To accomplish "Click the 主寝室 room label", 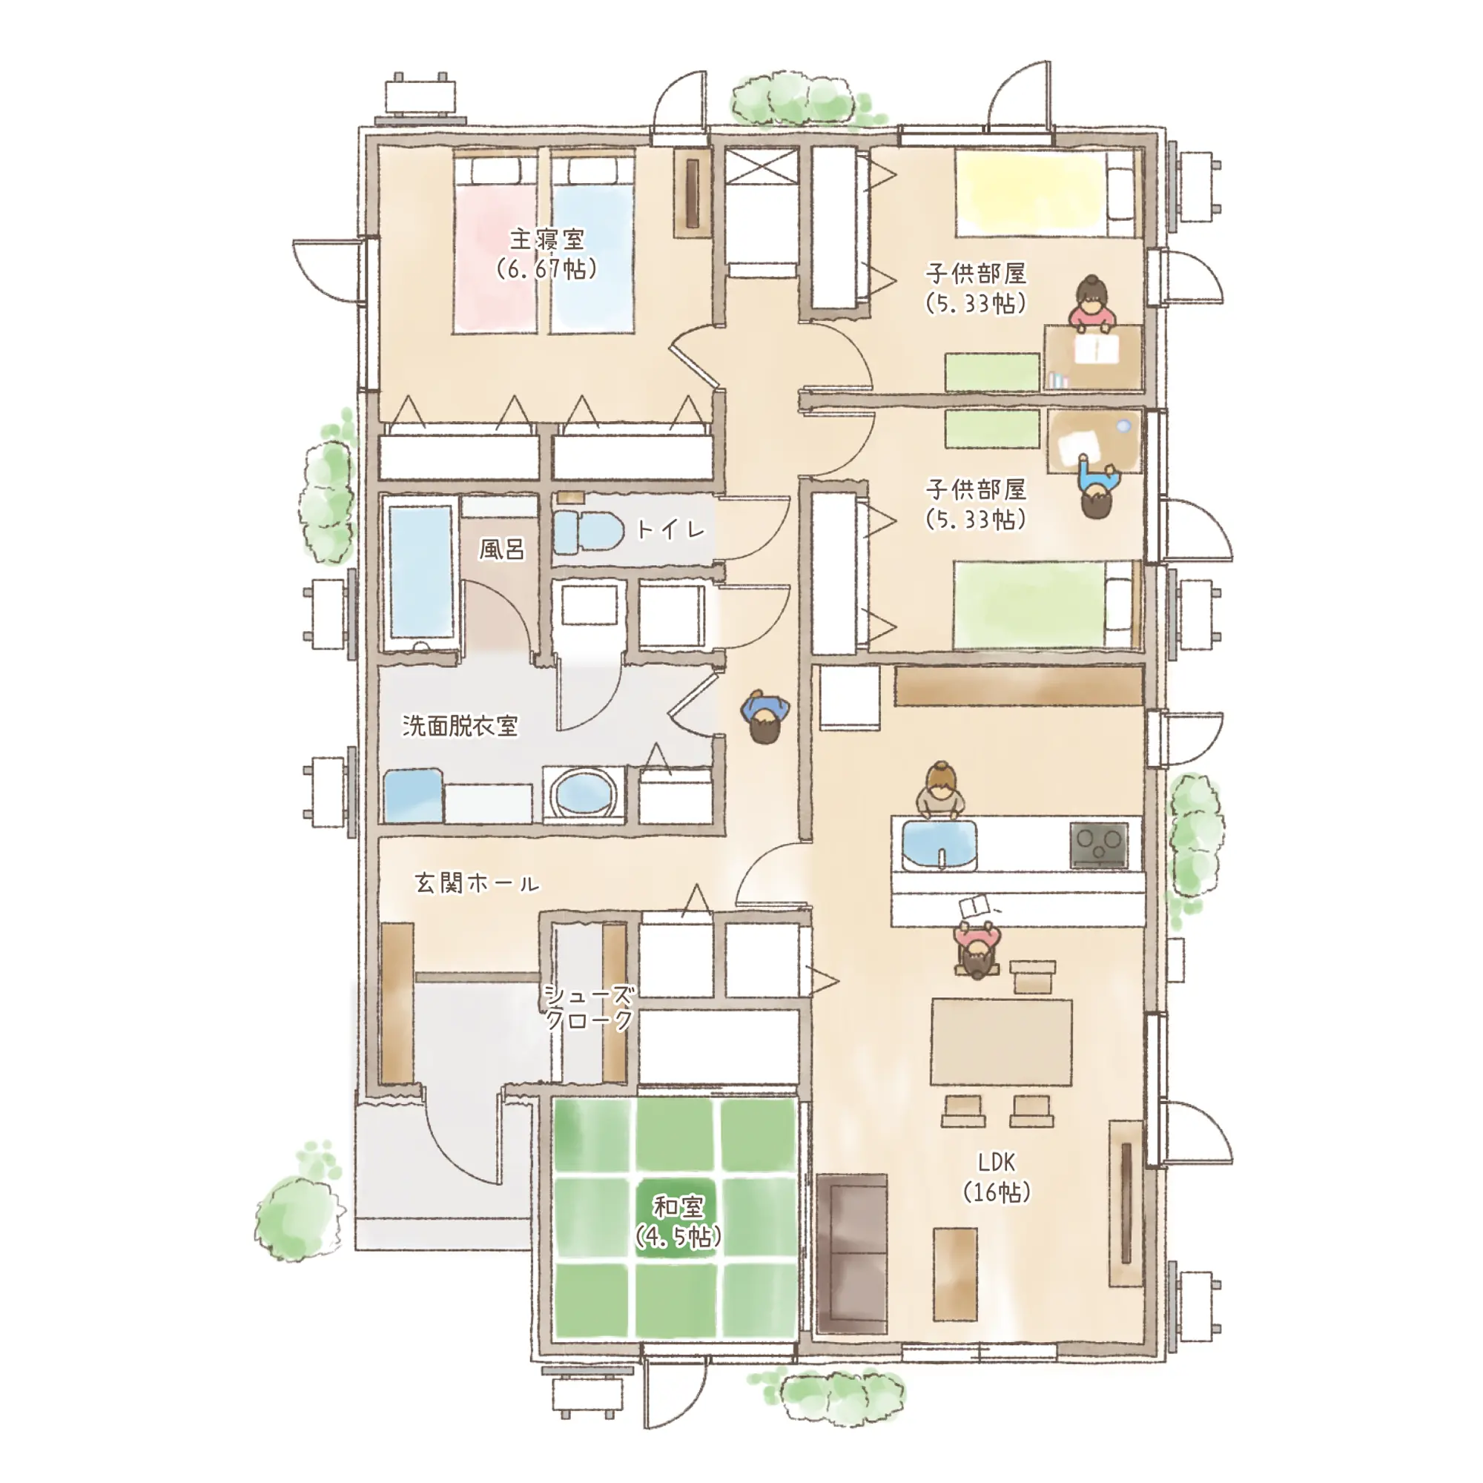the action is click(546, 240).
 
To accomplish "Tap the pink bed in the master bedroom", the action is click(495, 243).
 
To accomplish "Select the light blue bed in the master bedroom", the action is click(592, 243).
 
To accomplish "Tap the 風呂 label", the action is click(502, 549).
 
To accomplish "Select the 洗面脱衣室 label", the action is click(460, 725).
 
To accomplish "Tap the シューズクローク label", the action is click(589, 1007).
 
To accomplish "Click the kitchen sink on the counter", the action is click(940, 845).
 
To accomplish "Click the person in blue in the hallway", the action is click(764, 717).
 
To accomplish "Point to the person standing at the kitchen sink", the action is click(940, 790).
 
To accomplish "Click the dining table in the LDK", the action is click(1002, 1042).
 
